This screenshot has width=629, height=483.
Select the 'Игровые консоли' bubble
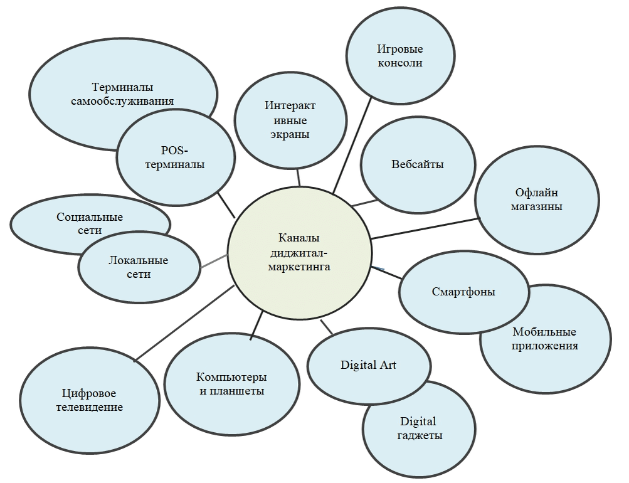tap(399, 56)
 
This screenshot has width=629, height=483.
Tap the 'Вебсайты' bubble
tap(417, 164)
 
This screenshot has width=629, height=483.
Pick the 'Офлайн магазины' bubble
tap(537, 199)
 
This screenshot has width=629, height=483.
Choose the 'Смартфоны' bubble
tap(463, 292)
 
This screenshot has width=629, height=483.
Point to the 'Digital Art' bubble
tap(368, 364)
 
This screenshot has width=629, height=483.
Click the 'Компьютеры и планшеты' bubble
tap(231, 384)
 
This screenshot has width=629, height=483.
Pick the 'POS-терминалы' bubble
tap(174, 157)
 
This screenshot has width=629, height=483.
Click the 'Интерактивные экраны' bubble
tap(290, 120)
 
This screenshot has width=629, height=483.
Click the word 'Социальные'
tap(90, 217)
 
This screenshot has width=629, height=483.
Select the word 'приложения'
tap(544, 345)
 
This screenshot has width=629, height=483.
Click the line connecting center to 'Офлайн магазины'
tap(424, 228)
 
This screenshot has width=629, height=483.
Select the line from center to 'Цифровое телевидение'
tap(185, 322)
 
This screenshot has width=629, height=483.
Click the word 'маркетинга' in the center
tap(299, 267)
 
